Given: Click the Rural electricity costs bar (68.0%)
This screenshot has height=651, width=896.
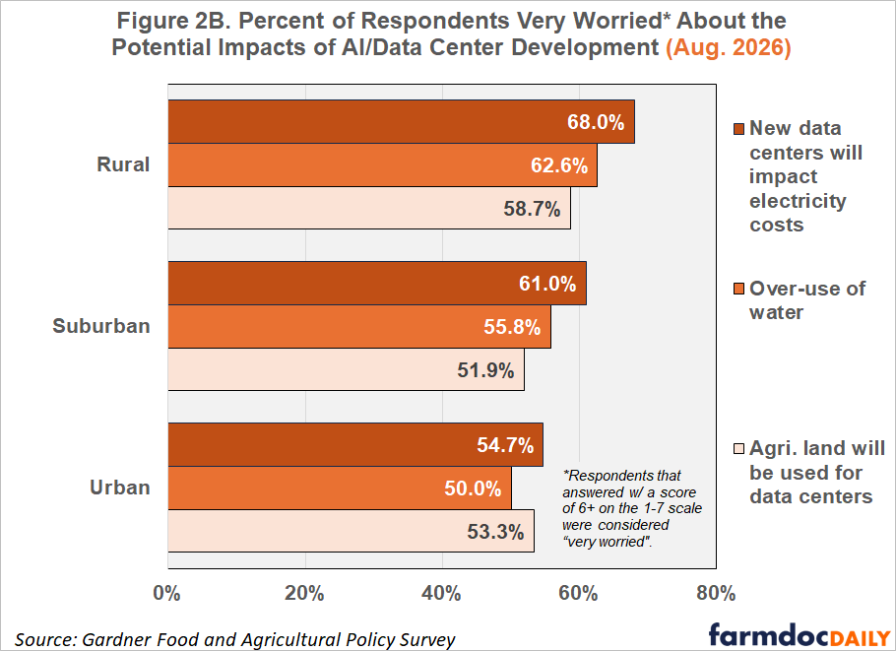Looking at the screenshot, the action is pyautogui.click(x=401, y=122).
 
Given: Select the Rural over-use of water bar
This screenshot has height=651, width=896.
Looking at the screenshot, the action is pyautogui.click(x=382, y=165).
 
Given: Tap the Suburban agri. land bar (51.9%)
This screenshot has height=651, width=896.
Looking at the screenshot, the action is pyautogui.click(x=346, y=369).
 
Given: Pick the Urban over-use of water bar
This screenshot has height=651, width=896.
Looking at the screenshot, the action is pyautogui.click(x=340, y=488).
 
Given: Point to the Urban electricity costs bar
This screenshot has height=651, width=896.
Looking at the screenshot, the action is pyautogui.click(x=355, y=444).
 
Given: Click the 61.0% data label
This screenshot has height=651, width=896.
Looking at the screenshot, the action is pyautogui.click(x=547, y=284).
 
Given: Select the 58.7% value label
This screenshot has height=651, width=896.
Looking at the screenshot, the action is pyautogui.click(x=532, y=209).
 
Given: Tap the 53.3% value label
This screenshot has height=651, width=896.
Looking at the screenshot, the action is pyautogui.click(x=495, y=532).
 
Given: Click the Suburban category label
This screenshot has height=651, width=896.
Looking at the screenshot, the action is pyautogui.click(x=101, y=326).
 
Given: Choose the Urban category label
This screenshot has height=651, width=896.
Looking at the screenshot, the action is pyautogui.click(x=119, y=488).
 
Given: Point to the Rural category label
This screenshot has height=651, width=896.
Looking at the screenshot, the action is pyautogui.click(x=123, y=164).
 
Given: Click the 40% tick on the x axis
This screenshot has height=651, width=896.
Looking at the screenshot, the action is pyautogui.click(x=441, y=593).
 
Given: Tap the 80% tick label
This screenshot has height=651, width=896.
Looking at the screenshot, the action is pyautogui.click(x=716, y=593).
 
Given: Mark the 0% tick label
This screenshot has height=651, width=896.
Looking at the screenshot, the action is pyautogui.click(x=166, y=593).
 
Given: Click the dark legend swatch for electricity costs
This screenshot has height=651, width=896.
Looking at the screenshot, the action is pyautogui.click(x=738, y=129).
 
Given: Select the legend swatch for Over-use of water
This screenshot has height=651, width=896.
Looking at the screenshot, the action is pyautogui.click(x=738, y=289).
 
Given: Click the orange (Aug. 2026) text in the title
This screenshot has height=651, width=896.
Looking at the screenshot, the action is pyautogui.click(x=729, y=47).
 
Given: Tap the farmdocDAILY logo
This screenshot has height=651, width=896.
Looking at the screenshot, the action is pyautogui.click(x=800, y=635).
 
